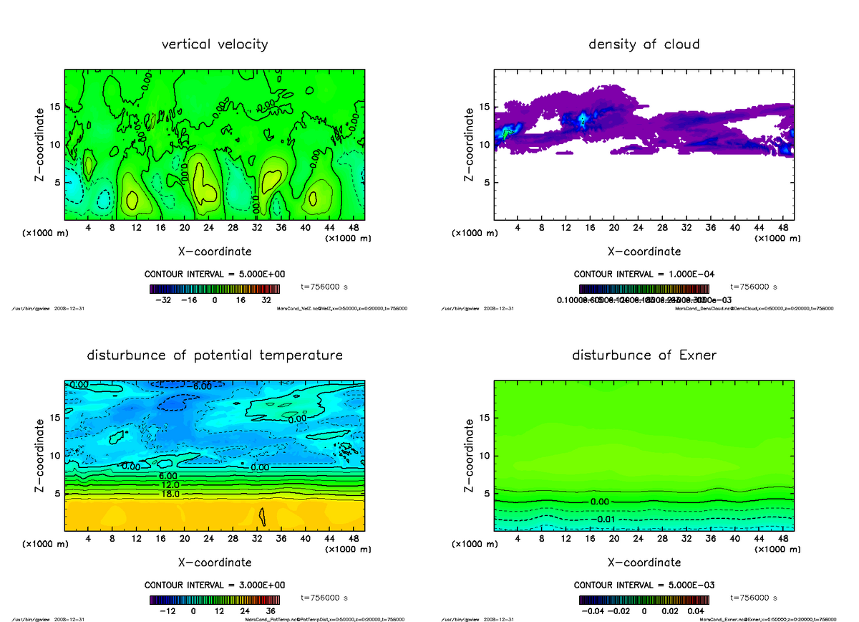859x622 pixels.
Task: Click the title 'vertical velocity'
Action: click(215, 44)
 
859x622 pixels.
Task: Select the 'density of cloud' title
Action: click(644, 44)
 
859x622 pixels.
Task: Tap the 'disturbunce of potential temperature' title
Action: click(215, 355)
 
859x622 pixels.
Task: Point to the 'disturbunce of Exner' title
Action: click(644, 355)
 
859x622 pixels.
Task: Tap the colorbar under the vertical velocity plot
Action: click(214, 289)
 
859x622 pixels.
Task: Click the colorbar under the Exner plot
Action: click(644, 600)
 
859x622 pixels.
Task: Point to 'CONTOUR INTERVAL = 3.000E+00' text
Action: click(215, 584)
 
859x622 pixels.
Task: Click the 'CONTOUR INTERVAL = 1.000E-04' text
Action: click(644, 274)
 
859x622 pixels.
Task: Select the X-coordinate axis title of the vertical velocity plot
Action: click(215, 252)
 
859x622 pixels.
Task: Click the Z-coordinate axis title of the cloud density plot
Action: click(470, 144)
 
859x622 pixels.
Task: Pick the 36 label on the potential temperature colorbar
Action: click(271, 611)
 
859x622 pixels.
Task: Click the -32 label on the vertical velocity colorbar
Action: click(163, 300)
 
